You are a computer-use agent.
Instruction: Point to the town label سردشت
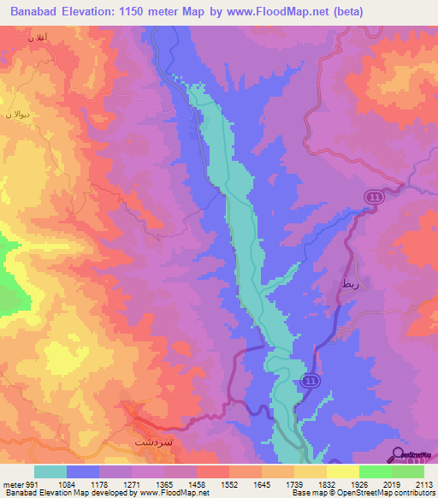point(154,444)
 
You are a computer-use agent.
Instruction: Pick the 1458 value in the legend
point(197,485)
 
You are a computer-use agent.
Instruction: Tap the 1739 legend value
point(294,485)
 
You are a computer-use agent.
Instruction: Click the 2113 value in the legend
point(424,485)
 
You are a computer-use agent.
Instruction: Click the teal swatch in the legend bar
point(50,471)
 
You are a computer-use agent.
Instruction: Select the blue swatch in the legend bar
point(83,471)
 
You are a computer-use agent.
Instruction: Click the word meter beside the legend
point(9,485)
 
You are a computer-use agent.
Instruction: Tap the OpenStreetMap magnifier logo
point(398,453)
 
